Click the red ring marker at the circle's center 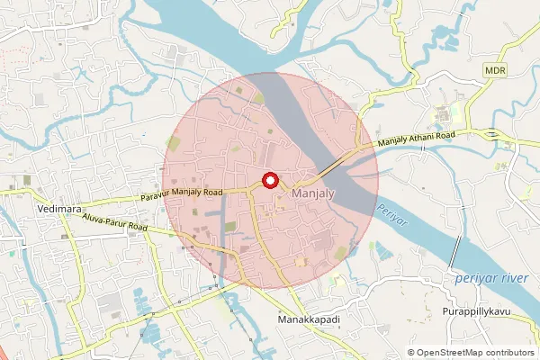[x=269, y=180]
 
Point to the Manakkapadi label [x=310, y=319]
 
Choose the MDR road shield [x=494, y=69]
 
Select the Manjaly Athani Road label [x=417, y=139]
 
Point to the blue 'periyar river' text [x=490, y=278]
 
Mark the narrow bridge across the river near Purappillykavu [x=455, y=249]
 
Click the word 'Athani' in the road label [x=420, y=138]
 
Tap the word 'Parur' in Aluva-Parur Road [x=118, y=224]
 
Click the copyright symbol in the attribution [x=410, y=352]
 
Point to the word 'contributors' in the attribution [x=506, y=352]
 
